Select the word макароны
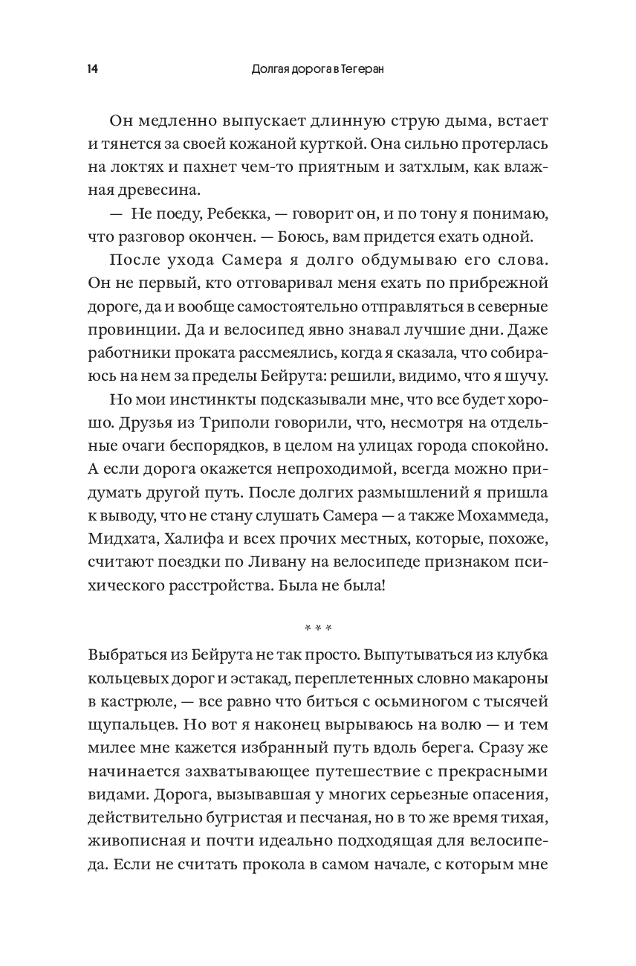(498, 677)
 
